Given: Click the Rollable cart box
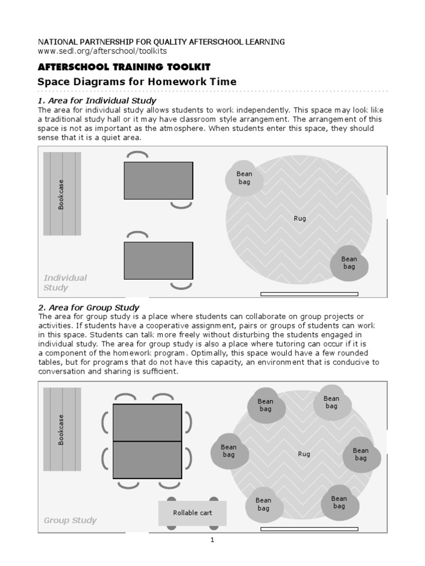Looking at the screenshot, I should [192, 513].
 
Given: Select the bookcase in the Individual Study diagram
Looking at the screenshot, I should [62, 194].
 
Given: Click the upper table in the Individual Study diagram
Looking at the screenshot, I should [158, 180].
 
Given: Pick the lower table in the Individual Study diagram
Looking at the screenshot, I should [158, 260].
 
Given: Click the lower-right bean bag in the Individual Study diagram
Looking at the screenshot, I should [349, 263].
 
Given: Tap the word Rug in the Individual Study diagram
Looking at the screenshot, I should [299, 218].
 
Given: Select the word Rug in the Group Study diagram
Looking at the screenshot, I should [304, 454].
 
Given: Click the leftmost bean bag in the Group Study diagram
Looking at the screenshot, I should [229, 451].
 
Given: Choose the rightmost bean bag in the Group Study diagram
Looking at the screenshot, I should [361, 454].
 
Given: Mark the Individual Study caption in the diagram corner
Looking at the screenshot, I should [65, 282].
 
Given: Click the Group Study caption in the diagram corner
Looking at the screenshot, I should [70, 520].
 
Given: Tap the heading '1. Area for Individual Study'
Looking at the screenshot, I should [97, 101].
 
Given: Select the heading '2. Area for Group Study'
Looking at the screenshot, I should [89, 307].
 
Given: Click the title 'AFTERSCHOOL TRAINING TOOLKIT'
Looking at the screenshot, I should [123, 67].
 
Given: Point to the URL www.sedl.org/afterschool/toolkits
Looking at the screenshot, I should [102, 50].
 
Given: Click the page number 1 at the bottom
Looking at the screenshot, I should [212, 540].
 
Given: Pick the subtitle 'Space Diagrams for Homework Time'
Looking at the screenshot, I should [137, 82].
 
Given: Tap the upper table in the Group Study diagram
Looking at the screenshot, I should [147, 422].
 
